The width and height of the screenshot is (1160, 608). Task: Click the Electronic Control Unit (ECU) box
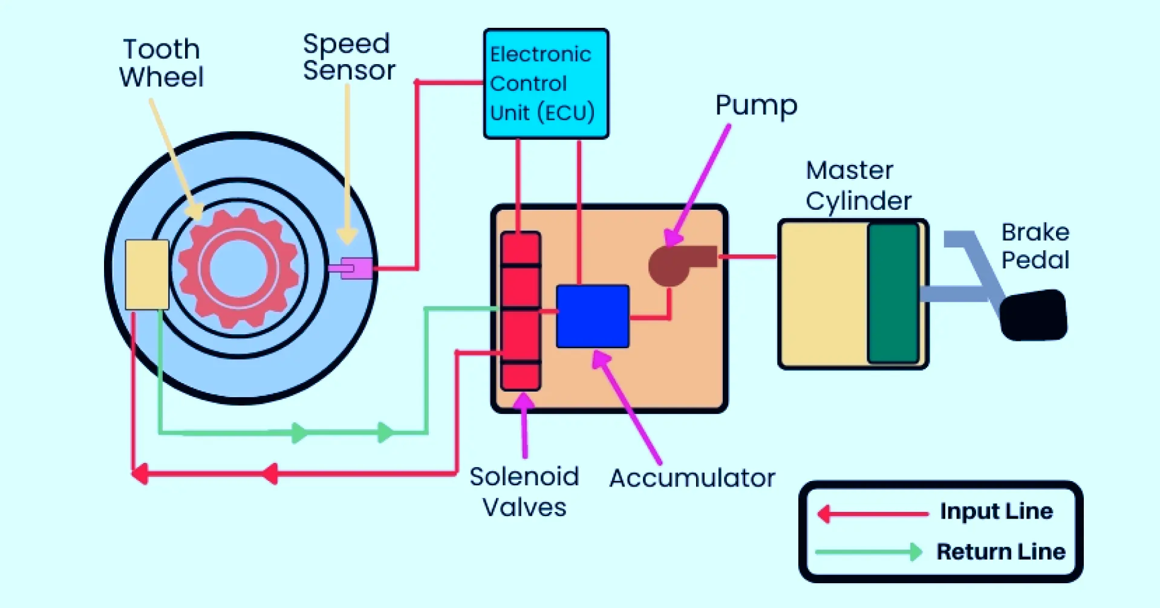[546, 83]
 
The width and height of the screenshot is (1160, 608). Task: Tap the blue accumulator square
[592, 316]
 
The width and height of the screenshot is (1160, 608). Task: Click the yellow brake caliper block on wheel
[147, 274]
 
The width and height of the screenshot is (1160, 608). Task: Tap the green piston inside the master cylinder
[893, 293]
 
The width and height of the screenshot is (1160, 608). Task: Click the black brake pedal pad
[1033, 315]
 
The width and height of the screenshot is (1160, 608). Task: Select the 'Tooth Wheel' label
[161, 63]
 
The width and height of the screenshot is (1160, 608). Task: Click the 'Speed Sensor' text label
[348, 57]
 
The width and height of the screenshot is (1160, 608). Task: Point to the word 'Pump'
[756, 105]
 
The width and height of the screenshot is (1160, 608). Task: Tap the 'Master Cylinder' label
[858, 186]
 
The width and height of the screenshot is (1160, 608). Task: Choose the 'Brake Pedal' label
[1035, 246]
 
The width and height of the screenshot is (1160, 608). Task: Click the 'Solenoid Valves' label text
[524, 492]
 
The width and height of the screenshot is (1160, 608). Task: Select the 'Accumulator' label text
[692, 478]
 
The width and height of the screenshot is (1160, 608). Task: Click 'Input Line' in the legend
[995, 511]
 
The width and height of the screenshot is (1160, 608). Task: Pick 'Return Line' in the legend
[1000, 551]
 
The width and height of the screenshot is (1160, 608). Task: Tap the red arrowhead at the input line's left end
[140, 473]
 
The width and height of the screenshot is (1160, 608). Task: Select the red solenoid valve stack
[520, 311]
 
